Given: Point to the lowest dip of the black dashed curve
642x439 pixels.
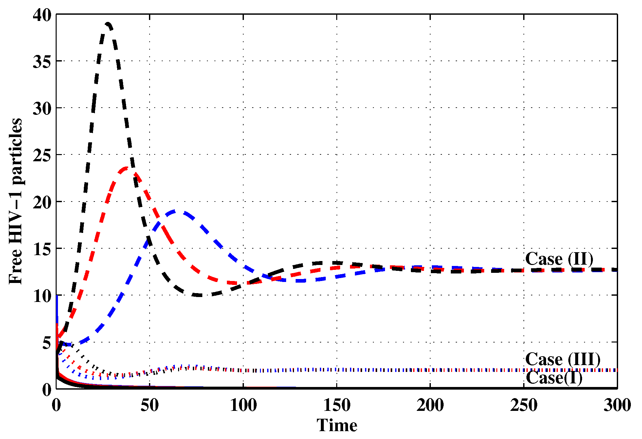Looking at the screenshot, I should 200,295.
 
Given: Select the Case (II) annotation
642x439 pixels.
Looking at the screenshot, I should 559,259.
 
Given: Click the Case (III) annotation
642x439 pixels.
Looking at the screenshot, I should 563,359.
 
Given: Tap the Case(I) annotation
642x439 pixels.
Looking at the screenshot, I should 554,378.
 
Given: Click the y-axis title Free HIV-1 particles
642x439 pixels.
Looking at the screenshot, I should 15,201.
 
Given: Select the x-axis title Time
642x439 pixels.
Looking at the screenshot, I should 337,425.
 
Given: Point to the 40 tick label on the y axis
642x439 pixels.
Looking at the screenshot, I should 42,15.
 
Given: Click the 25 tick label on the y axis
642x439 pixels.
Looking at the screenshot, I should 42,155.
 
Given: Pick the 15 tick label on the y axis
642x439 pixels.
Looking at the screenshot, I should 42,249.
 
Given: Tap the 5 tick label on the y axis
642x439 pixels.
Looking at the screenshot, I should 47,343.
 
